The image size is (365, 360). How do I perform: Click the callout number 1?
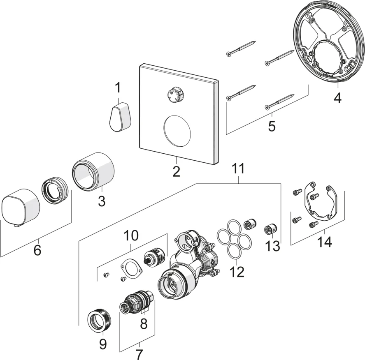(x=118, y=88)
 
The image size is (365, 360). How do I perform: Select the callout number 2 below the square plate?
(x=176, y=171)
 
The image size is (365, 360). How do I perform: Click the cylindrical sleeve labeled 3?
(x=94, y=171)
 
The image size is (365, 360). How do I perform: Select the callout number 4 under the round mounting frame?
(x=337, y=99)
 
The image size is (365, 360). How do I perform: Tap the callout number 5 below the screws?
(x=272, y=126)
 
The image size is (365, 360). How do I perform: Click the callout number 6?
(x=37, y=249)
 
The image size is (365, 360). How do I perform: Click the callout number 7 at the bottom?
(x=139, y=354)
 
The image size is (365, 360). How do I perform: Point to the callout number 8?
(x=144, y=324)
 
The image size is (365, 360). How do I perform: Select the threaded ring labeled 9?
(x=100, y=321)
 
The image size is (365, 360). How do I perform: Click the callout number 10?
(x=131, y=235)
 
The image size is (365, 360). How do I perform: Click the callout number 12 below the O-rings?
(x=238, y=271)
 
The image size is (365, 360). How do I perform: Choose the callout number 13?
(x=273, y=246)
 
